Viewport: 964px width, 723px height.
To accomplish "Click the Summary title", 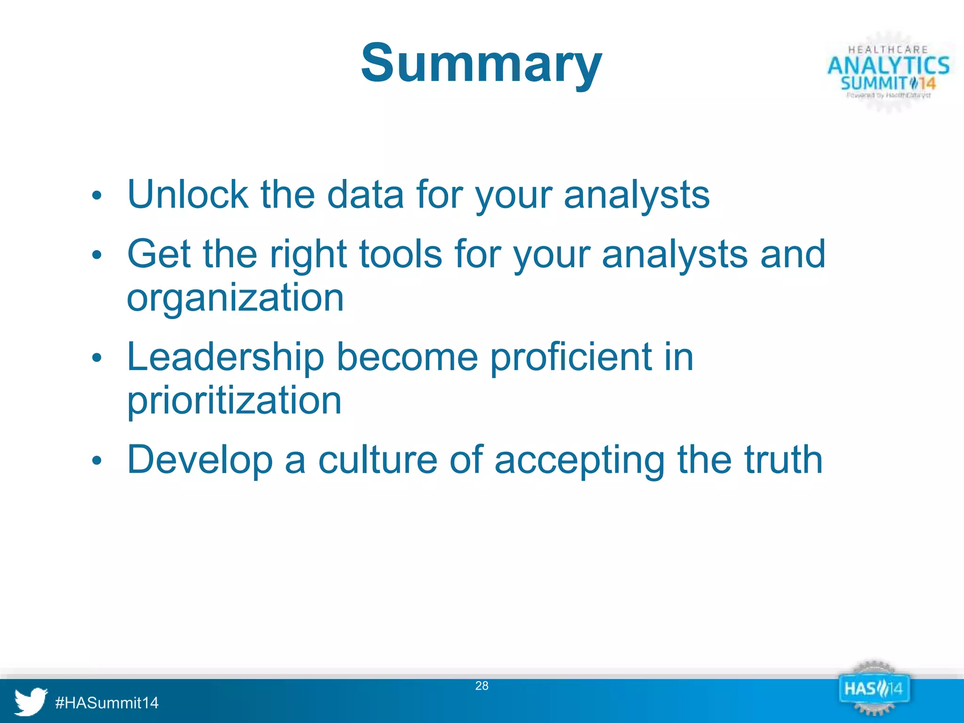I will (x=481, y=63).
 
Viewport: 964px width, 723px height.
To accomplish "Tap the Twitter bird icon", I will (x=30, y=701).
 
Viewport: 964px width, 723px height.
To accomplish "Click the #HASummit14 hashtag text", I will (x=107, y=703).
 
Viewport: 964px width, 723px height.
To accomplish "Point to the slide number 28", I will (x=482, y=686).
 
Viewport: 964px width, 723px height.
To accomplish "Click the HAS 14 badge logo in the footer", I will (x=874, y=689).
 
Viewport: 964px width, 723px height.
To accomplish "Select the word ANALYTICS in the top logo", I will (x=888, y=65).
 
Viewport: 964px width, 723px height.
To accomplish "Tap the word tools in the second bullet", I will (x=401, y=254).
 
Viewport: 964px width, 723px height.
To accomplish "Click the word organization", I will (x=235, y=297).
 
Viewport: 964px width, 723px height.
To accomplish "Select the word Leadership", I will (x=225, y=357).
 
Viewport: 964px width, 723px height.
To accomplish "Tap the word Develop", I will (x=200, y=459).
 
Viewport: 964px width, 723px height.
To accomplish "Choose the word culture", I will (x=378, y=459).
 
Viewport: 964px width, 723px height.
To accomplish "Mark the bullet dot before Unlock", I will (x=96, y=195).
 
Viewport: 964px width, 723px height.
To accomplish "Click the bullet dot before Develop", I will (x=96, y=460).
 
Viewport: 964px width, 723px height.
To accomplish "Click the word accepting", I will (x=579, y=459).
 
